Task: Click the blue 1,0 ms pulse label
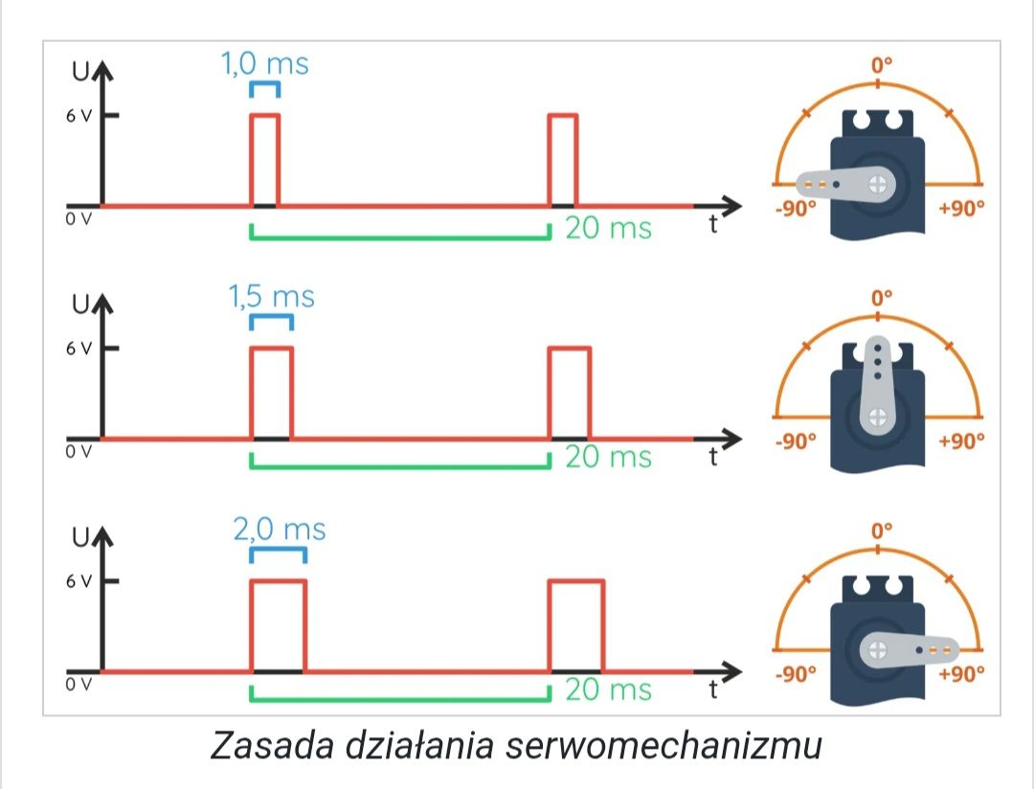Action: point(265,64)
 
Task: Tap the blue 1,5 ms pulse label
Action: point(272,296)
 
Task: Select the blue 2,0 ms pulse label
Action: point(280,530)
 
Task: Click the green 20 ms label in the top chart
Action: point(608,228)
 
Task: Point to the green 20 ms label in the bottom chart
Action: point(608,689)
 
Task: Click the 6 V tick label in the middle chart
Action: point(79,349)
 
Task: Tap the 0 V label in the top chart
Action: point(79,219)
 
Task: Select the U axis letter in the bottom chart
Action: point(80,537)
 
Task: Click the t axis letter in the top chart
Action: point(713,224)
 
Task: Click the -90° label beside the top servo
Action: point(796,209)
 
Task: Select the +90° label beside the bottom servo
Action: point(961,673)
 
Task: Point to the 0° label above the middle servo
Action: point(882,298)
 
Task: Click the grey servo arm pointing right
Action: point(910,650)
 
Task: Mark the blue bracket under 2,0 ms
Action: point(279,550)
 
